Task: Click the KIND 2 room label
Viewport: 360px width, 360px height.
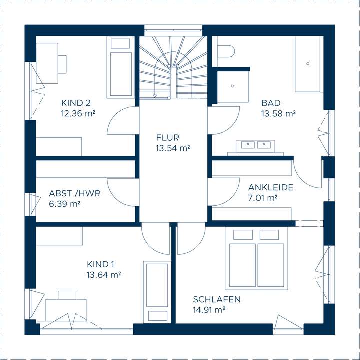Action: [76, 103]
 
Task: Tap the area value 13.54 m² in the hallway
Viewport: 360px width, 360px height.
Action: [173, 148]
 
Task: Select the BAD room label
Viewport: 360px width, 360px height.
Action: [271, 103]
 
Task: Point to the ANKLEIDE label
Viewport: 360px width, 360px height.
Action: [271, 187]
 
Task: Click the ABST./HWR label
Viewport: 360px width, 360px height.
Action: [75, 193]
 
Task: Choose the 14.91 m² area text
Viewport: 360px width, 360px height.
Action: [209, 310]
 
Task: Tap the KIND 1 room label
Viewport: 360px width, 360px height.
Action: [100, 264]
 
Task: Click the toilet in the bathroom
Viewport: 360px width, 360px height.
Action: [226, 50]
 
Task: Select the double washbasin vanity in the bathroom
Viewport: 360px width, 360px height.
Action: [256, 148]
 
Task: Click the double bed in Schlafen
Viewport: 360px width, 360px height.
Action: [256, 258]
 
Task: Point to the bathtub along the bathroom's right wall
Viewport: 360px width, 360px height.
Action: [307, 64]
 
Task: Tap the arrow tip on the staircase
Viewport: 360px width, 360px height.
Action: [155, 96]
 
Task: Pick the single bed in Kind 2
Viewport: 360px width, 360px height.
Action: [121, 67]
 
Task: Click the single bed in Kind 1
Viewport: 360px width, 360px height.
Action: [157, 292]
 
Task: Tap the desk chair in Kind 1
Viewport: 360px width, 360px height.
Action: [67, 295]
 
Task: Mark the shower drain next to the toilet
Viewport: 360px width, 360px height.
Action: [232, 86]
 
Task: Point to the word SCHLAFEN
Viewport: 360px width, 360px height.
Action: [216, 299]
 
